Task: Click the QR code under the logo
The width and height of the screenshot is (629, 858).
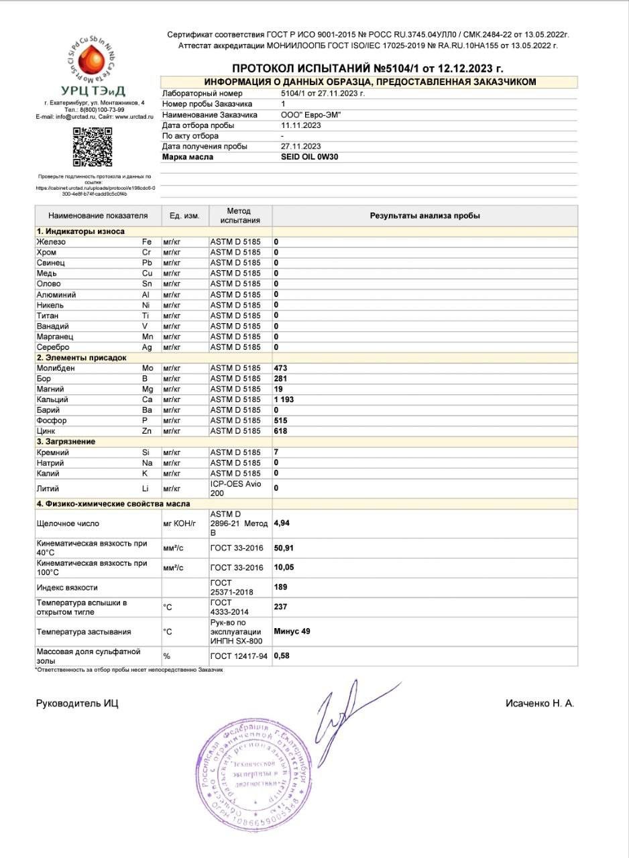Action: pos(92,147)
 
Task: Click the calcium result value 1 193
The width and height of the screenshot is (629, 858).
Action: pos(284,400)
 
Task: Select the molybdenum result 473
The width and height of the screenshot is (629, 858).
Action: pos(280,368)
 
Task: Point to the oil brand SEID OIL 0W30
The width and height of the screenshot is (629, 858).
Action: pos(310,157)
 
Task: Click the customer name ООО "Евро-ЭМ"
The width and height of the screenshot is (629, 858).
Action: pos(310,115)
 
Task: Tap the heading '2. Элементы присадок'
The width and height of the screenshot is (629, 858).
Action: pos(81,358)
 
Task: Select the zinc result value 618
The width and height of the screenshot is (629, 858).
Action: pos(280,431)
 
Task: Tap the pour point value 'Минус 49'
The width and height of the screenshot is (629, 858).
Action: pos(292,631)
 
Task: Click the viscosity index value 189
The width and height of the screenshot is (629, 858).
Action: pos(280,587)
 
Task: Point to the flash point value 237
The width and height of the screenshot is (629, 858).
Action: pos(280,607)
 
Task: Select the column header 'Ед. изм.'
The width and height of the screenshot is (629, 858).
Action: pos(184,216)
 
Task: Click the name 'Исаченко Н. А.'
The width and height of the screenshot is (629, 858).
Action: pos(540,703)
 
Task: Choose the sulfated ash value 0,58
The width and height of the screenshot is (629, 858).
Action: pos(282,656)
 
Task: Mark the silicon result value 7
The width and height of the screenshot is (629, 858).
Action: pos(276,452)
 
